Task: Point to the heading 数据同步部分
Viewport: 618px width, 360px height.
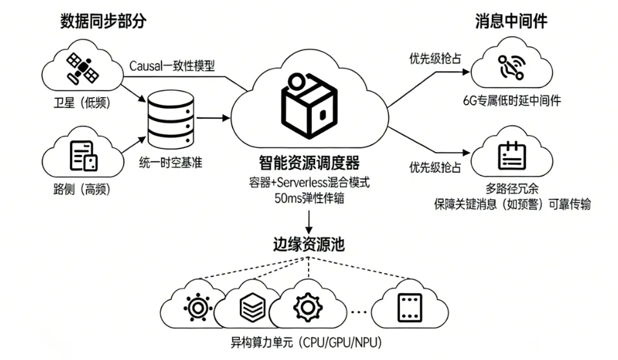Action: [104, 21]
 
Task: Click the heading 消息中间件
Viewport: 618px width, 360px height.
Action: [511, 21]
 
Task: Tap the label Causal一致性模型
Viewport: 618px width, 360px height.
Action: [172, 66]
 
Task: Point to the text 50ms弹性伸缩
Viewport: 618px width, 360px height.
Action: [309, 198]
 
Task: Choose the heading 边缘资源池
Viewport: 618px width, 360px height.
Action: [309, 245]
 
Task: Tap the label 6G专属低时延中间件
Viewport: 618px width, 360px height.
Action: [512, 100]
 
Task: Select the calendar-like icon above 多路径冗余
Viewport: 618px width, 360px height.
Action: [512, 155]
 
